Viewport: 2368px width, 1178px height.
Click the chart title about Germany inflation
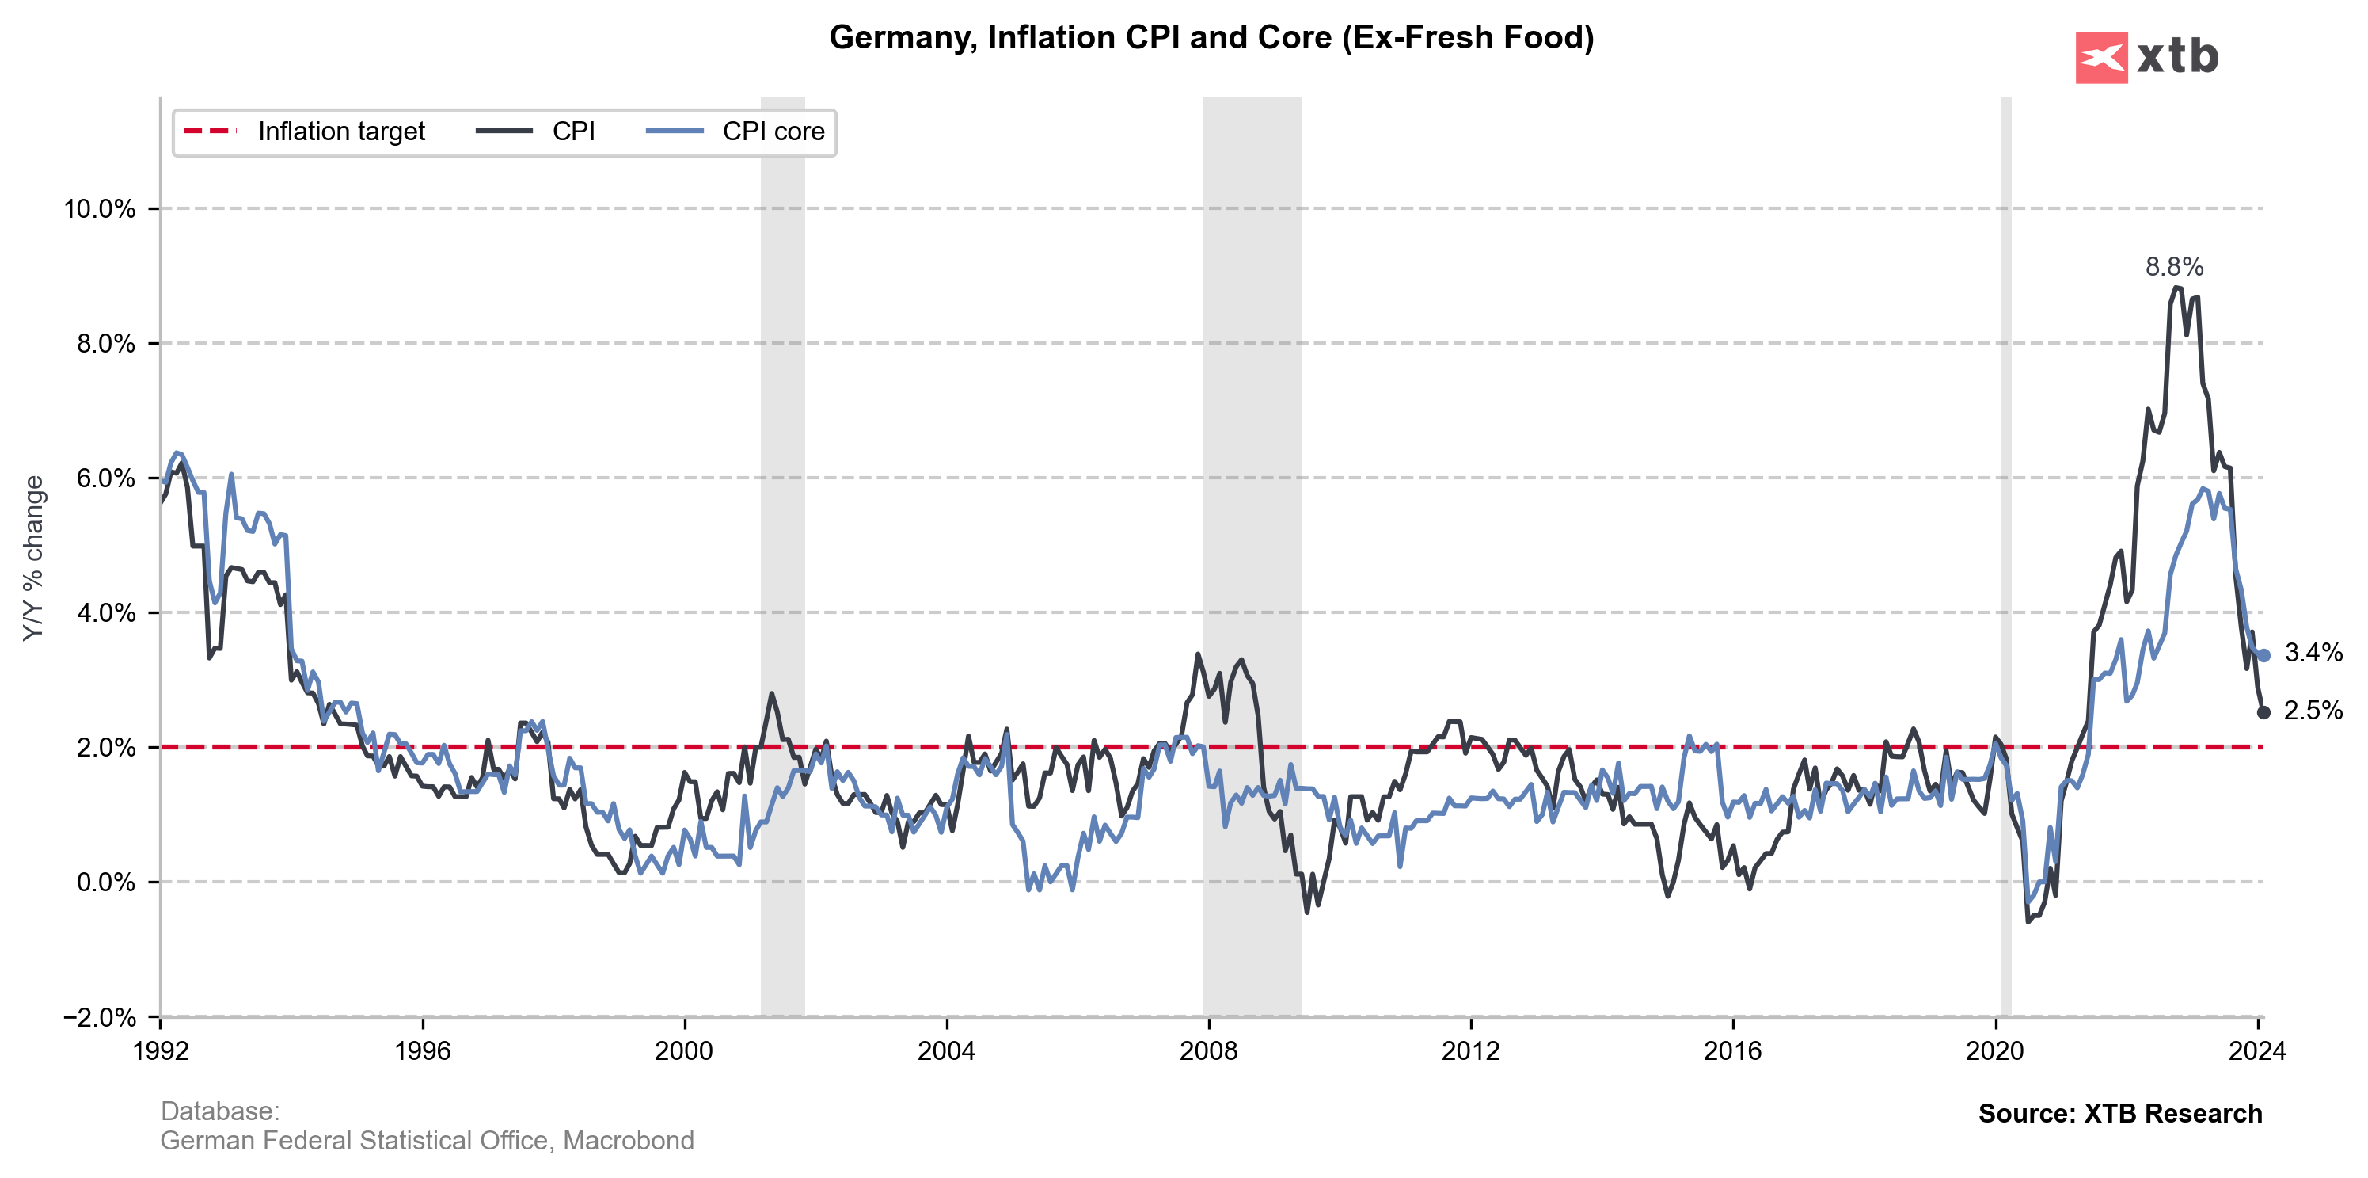pyautogui.click(x=1211, y=38)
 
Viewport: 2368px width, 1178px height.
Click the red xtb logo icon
pyautogui.click(x=2100, y=58)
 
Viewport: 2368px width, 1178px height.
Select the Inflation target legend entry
pyautogui.click(x=304, y=132)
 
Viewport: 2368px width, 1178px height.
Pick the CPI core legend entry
pyautogui.click(x=736, y=132)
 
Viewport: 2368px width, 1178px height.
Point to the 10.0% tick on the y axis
pyautogui.click(x=99, y=209)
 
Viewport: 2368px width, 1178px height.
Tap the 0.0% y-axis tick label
pyautogui.click(x=105, y=883)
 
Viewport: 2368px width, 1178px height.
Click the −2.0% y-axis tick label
pyautogui.click(x=99, y=1017)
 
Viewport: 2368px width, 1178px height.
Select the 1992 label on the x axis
pyautogui.click(x=161, y=1051)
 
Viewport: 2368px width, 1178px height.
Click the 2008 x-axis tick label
pyautogui.click(x=1208, y=1051)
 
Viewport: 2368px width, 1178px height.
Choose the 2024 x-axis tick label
pyautogui.click(x=2257, y=1051)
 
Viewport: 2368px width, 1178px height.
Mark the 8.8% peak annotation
pyautogui.click(x=2174, y=267)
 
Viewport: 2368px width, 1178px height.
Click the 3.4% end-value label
pyautogui.click(x=2313, y=653)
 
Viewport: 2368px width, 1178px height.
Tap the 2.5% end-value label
pyautogui.click(x=2313, y=711)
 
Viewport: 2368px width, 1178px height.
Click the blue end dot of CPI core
pyautogui.click(x=2263, y=656)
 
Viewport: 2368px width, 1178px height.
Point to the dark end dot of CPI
pyautogui.click(x=2263, y=713)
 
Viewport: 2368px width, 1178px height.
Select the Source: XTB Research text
pyautogui.click(x=2120, y=1114)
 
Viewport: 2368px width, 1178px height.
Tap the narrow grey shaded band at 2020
pyautogui.click(x=2006, y=551)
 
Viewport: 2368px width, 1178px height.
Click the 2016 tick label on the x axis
pyautogui.click(x=1732, y=1051)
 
